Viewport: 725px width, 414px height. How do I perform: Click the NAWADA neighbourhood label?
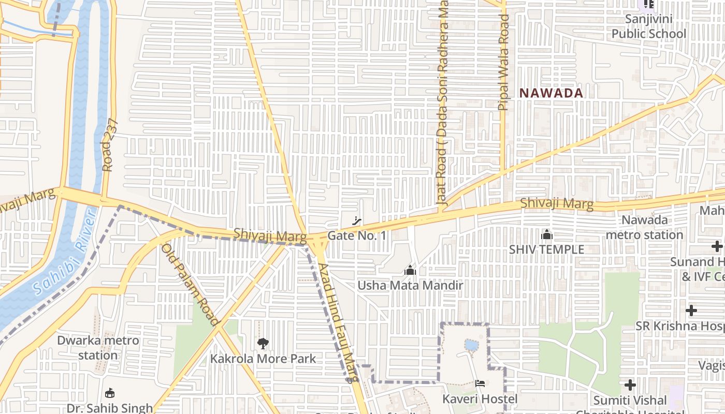552,93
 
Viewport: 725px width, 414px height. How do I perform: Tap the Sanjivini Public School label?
648,26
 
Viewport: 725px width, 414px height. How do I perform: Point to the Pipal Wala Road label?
503,62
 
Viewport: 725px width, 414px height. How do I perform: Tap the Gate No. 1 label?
357,235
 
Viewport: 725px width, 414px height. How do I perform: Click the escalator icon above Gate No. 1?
356,221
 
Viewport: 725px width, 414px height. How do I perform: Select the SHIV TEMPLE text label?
546,249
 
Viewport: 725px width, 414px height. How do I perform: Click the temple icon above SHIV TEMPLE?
546,235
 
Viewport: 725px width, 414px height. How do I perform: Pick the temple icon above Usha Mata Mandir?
410,270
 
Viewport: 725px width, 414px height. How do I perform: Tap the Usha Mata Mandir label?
410,285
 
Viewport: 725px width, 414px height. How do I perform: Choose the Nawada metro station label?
645,227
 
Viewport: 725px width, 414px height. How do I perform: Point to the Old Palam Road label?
190,285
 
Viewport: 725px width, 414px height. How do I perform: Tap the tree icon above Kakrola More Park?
263,343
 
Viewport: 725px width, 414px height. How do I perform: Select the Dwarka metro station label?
98,348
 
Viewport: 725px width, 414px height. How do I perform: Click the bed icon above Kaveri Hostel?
480,384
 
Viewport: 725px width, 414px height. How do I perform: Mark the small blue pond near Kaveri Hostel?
471,345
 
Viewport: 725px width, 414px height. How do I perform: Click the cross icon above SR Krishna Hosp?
691,310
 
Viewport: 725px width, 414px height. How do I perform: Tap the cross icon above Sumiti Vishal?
630,385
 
